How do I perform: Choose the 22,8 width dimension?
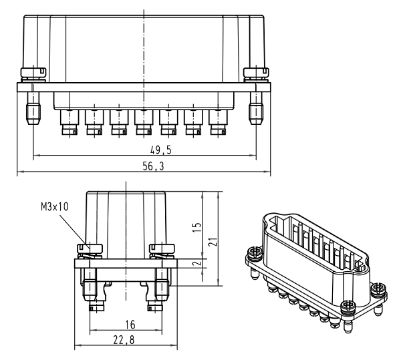(x=126, y=341)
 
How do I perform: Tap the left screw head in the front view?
(x=32, y=71)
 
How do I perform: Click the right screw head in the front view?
(x=255, y=71)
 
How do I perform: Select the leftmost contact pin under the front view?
(x=69, y=124)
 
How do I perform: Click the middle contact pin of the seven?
(x=144, y=124)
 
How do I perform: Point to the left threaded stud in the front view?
(x=32, y=107)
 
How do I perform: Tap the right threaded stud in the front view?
(x=255, y=107)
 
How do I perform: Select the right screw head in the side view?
(x=162, y=248)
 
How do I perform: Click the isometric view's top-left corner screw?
(x=255, y=253)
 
